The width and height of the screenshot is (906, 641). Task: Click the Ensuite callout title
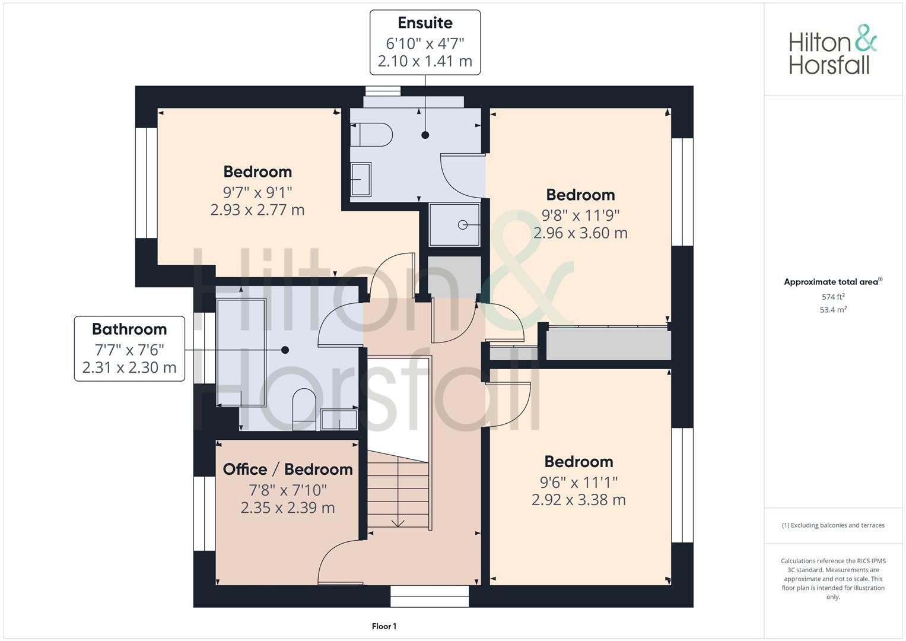pos(425,23)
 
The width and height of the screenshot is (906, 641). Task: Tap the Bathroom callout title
pos(129,329)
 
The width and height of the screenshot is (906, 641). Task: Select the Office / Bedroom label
pos(288,469)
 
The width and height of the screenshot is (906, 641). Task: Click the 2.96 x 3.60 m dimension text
pos(580,233)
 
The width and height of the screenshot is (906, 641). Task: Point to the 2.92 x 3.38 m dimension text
pos(578,500)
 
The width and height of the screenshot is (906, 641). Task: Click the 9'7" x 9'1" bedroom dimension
pos(258,192)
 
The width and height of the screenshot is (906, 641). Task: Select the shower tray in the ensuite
pos(454,224)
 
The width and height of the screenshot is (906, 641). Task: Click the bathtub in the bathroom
pos(241,353)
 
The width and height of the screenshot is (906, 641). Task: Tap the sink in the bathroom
pos(339,419)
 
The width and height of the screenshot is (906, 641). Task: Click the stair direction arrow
pos(398,522)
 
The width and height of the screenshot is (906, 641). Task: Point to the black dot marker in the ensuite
pos(425,135)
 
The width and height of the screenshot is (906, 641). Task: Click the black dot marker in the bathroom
pos(285,350)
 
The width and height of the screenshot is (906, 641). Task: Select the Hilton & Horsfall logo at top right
pos(832,50)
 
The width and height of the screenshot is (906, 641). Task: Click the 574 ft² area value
pos(832,297)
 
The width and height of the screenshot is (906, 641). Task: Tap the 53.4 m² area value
pos(832,310)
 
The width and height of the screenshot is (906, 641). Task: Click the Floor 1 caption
pos(384,626)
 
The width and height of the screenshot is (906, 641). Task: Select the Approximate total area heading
pos(832,282)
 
